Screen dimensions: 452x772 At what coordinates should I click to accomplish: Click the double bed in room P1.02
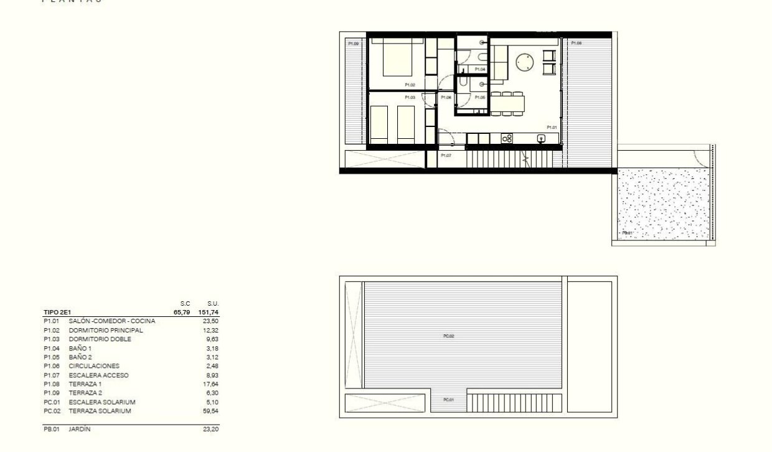[397, 59]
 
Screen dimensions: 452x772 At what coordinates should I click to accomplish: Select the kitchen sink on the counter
[541, 138]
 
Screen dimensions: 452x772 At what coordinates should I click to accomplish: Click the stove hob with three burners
[506, 138]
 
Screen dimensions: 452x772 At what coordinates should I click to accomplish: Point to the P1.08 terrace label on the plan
[576, 43]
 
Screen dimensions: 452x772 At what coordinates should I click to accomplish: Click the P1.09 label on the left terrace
[353, 44]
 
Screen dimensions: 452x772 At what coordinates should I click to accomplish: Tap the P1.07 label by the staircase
[446, 155]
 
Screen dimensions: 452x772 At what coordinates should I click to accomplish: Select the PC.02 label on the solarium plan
[449, 336]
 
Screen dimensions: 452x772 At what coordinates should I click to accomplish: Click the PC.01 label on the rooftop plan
[448, 400]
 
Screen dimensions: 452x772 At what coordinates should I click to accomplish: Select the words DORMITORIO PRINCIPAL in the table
[106, 330]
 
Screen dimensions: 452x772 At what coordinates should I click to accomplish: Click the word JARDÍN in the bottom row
[80, 429]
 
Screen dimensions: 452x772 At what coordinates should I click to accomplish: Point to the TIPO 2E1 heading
[57, 312]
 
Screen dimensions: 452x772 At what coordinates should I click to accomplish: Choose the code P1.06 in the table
[51, 366]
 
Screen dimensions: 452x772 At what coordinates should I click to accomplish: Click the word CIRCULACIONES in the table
[94, 366]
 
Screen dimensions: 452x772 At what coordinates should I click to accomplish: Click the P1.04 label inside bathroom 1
[479, 68]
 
